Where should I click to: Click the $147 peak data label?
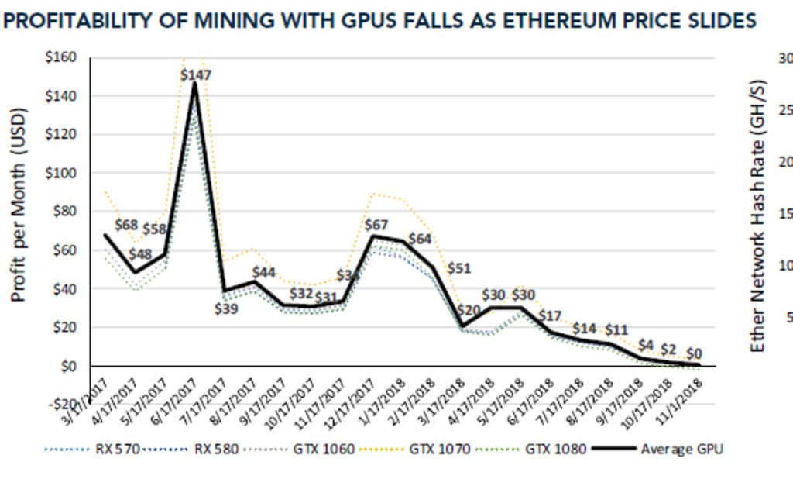[x=195, y=75]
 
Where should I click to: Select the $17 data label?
[x=551, y=315]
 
